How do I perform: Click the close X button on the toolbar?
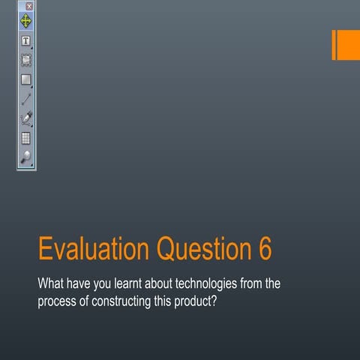29,6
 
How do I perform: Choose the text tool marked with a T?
26,40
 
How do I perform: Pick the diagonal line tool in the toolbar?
26,98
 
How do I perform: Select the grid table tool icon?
26,137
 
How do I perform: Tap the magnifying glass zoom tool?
26,157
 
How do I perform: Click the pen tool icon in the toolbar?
26,118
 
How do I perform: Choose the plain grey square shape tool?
26,79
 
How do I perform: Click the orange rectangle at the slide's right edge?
346,45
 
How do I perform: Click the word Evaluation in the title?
93,250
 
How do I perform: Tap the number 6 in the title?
265,250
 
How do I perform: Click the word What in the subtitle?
50,285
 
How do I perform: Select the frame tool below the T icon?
26,59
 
